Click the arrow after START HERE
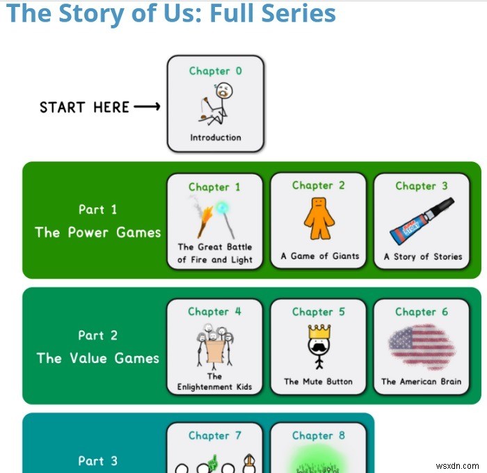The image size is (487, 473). pos(147,107)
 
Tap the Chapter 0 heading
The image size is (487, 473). pos(216,71)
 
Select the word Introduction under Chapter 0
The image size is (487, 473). pos(216,138)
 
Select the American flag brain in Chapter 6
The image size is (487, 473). pos(422,346)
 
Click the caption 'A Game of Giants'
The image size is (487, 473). pos(319,256)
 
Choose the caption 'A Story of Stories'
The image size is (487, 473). pos(422,257)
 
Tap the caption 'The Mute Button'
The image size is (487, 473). pos(318,382)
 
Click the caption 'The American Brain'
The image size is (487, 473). pos(421,382)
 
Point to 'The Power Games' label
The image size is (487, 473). pos(97,232)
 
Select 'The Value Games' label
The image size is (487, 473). pos(97,358)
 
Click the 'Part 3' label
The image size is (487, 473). pos(97,460)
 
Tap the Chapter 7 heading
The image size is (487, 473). pos(215,436)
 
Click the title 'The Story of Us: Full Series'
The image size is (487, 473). pos(170,13)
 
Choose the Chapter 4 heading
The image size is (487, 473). pos(215,312)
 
